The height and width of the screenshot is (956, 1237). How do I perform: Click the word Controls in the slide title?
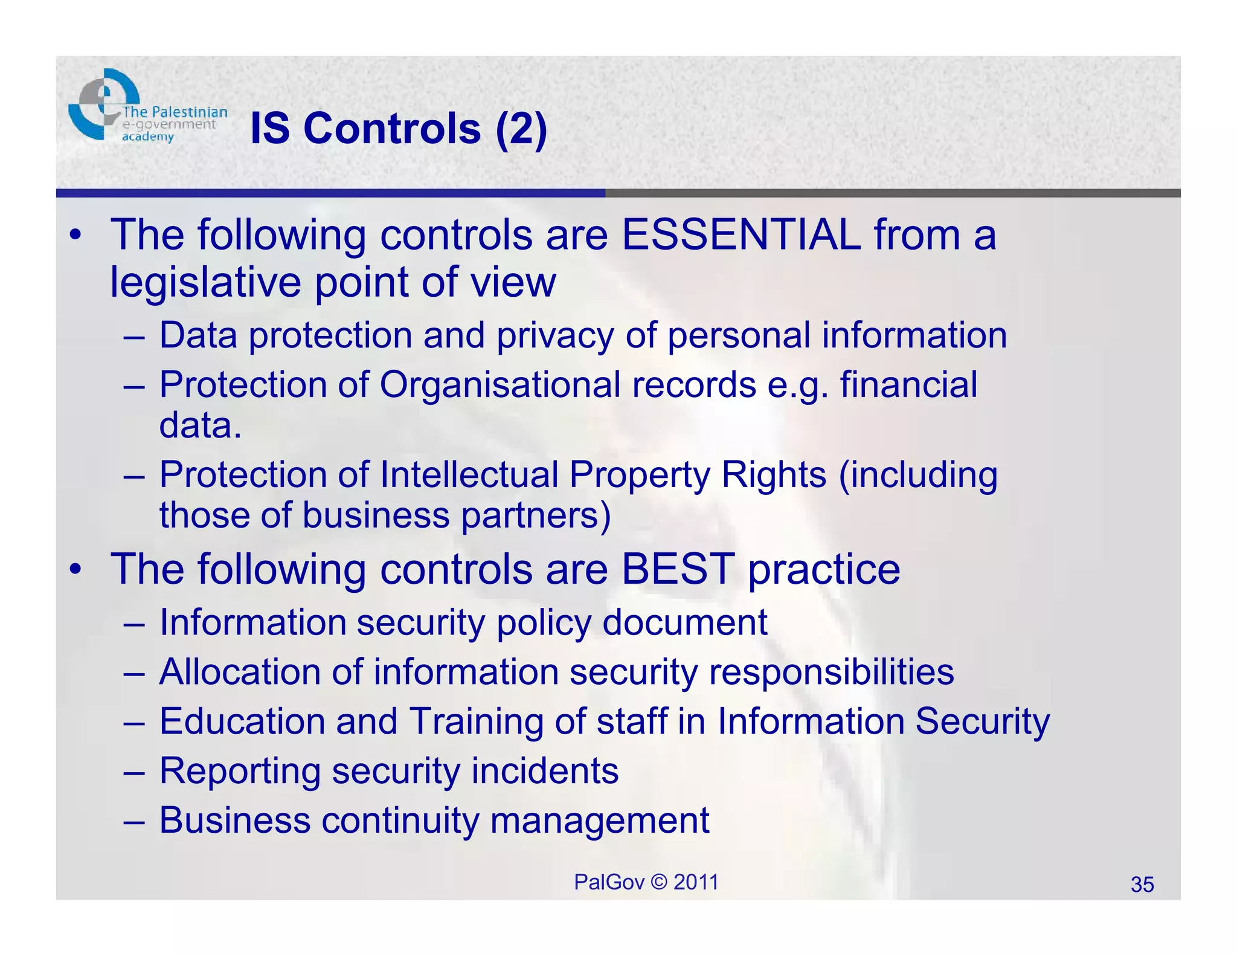point(392,129)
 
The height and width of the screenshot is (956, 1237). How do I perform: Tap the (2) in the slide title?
point(521,129)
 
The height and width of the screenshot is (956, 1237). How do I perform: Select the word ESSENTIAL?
point(741,234)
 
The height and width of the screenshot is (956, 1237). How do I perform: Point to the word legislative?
point(205,282)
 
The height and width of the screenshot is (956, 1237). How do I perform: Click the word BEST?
point(678,569)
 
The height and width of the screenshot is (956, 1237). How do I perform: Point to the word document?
point(685,622)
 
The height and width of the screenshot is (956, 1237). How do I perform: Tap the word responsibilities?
point(831,672)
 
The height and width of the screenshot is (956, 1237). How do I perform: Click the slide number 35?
point(1142,885)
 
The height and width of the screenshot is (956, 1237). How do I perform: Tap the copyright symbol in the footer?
point(659,882)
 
